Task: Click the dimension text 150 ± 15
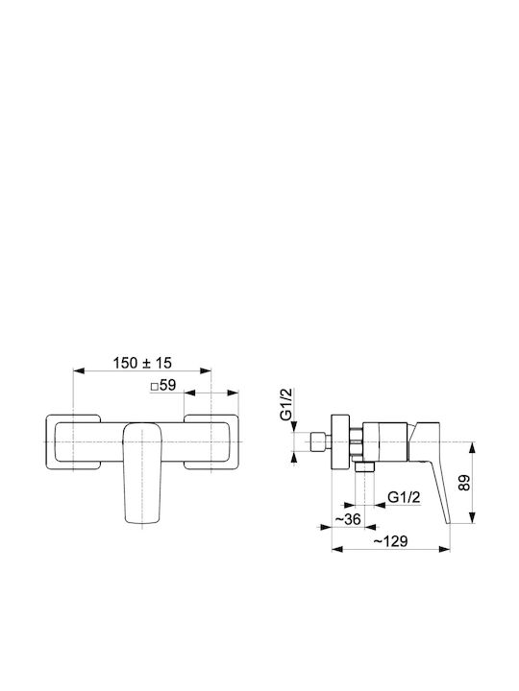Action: pyautogui.click(x=142, y=363)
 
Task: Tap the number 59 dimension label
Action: pyautogui.click(x=167, y=385)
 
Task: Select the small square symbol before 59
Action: pyautogui.click(x=155, y=387)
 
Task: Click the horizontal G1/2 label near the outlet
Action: pyautogui.click(x=404, y=497)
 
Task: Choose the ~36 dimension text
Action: pyautogui.click(x=348, y=519)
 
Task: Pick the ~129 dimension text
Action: pyautogui.click(x=390, y=541)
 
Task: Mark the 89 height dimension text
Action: pyautogui.click(x=464, y=483)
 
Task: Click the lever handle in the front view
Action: pyautogui.click(x=142, y=473)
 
